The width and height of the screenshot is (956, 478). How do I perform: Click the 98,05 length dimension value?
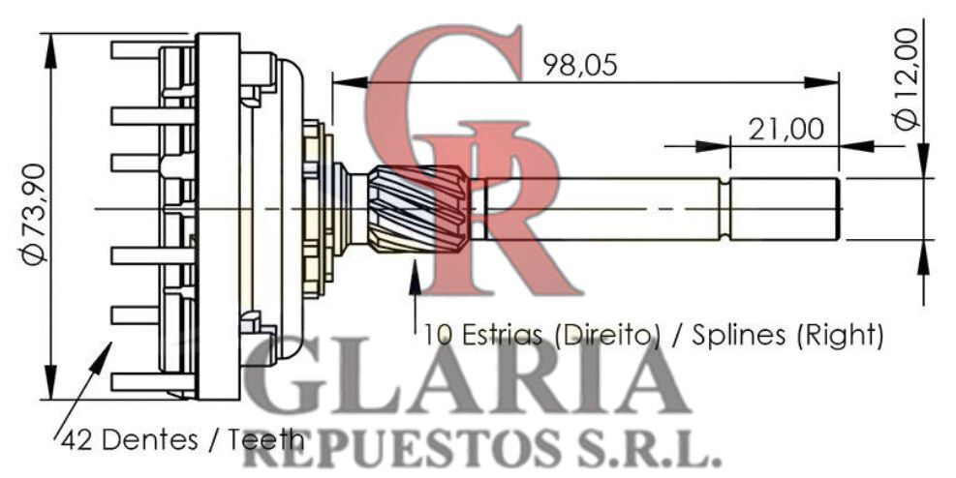coord(580,65)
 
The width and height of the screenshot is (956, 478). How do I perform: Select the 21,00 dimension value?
coord(786,129)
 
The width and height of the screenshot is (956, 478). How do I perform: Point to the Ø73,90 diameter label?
coord(34,214)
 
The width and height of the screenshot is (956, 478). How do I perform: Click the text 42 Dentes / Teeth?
coord(183,439)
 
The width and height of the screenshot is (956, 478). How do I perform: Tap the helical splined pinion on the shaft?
coord(418,208)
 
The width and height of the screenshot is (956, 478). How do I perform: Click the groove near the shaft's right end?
coord(724,209)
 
